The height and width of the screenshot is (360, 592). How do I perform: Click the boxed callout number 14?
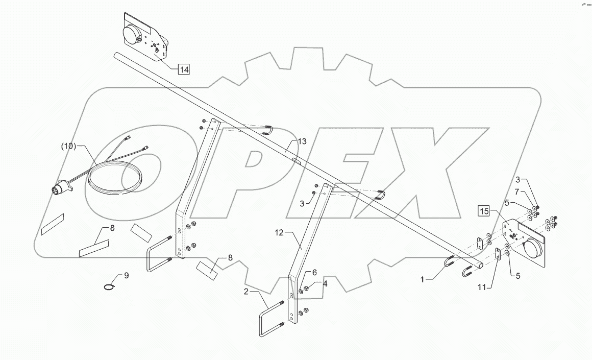[x=184, y=69]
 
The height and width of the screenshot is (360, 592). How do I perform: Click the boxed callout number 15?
[x=483, y=210]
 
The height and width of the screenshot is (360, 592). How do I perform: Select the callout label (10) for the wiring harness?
[x=69, y=146]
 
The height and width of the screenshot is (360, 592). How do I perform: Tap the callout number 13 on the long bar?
[x=303, y=141]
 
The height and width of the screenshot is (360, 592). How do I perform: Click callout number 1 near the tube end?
[x=422, y=279]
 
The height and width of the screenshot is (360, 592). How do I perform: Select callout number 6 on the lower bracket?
[x=315, y=273]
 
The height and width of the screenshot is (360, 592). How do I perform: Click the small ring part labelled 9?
[x=109, y=287]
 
